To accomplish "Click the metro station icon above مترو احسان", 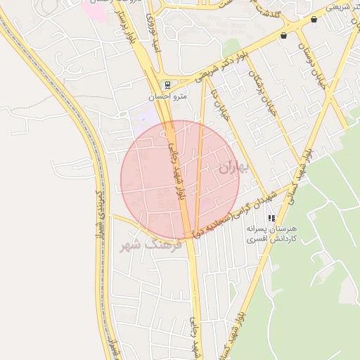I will pyautogui.click(x=167, y=84).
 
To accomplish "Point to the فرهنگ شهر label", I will pyautogui.click(x=150, y=246).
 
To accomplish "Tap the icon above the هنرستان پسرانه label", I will pyautogui.click(x=271, y=219).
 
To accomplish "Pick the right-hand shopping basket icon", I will pyautogui.click(x=314, y=20).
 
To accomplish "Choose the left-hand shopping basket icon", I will pyautogui.click(x=283, y=35).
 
